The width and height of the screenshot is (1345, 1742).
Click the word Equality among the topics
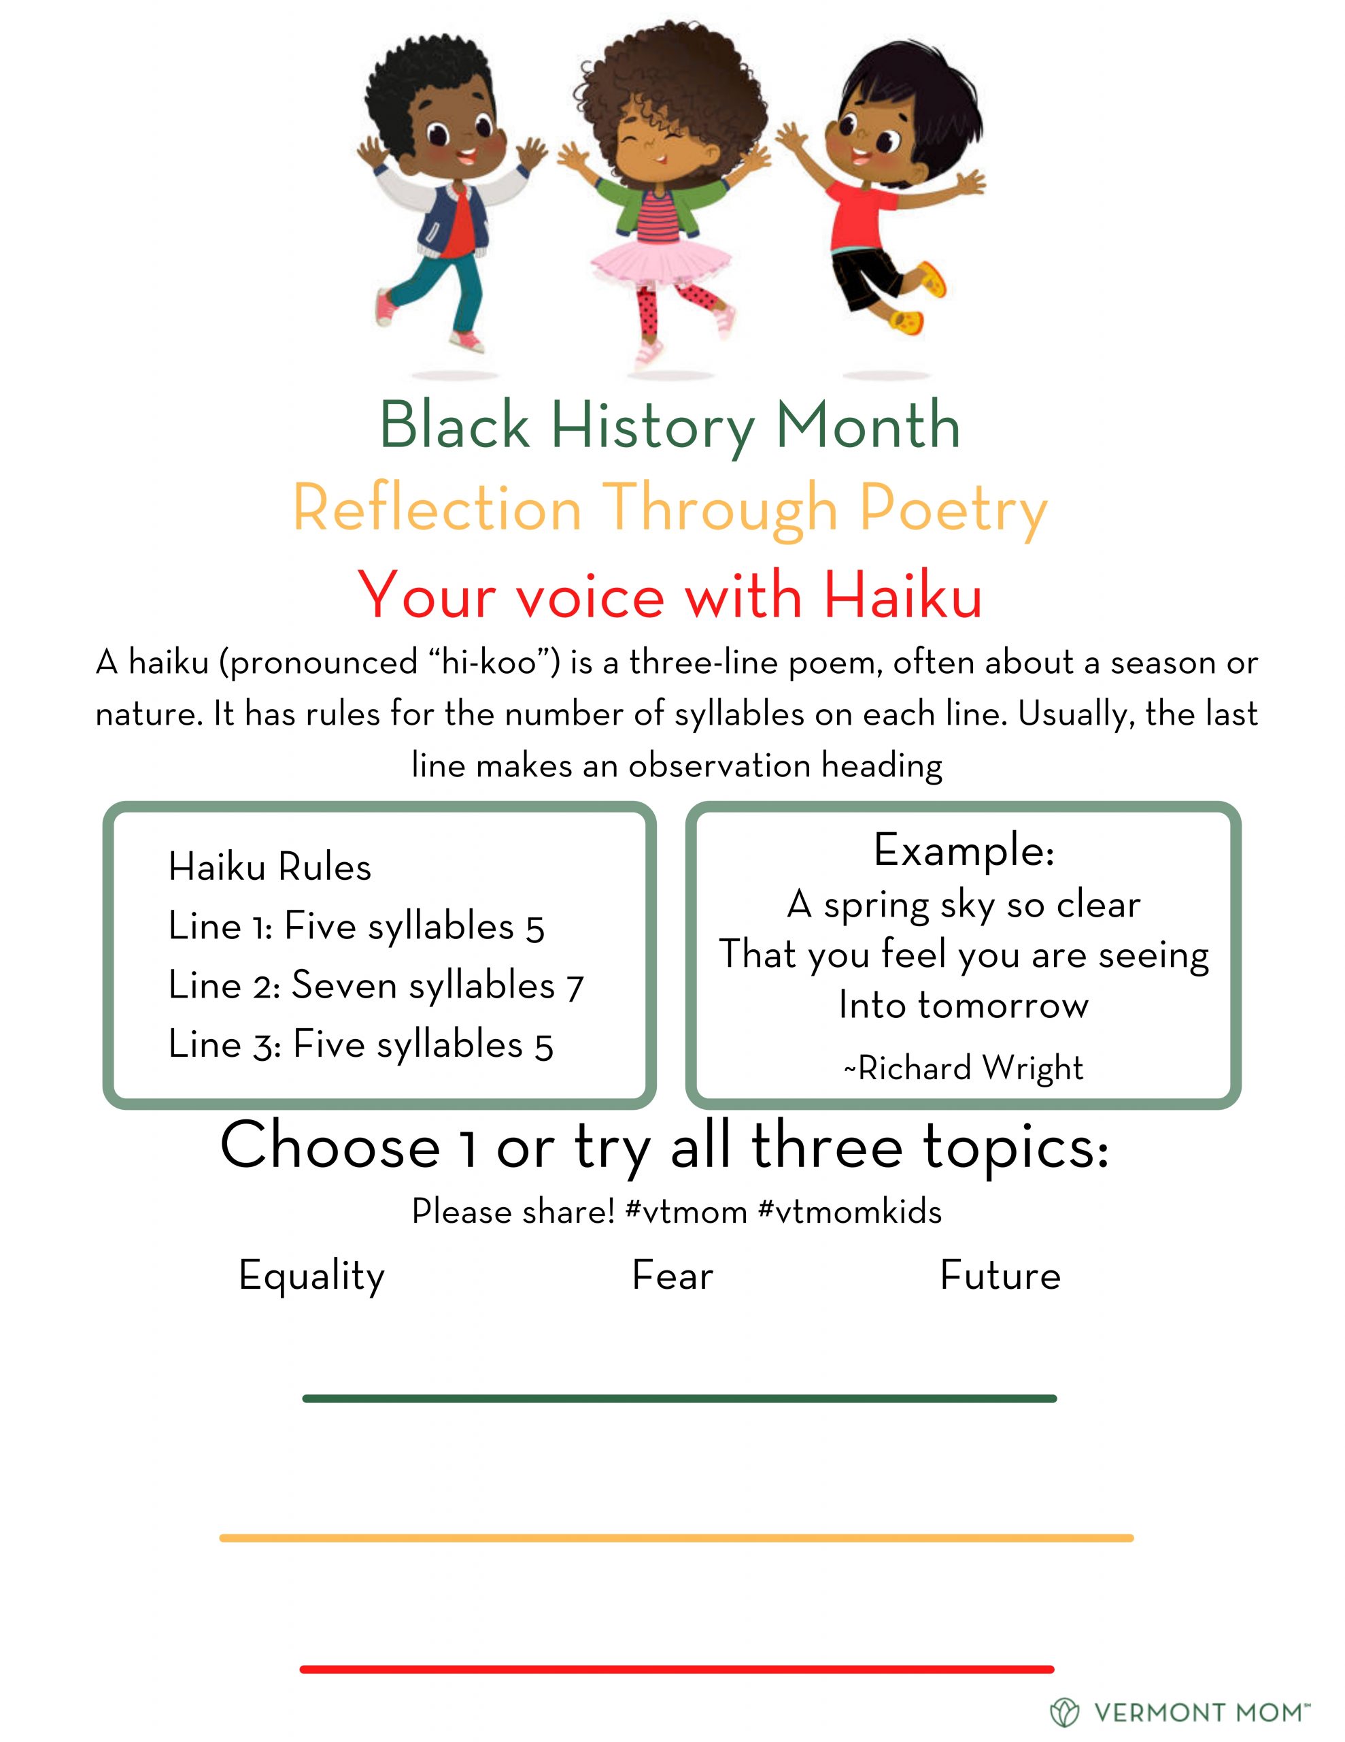tap(311, 1276)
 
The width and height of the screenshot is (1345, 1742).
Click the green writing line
tap(679, 1398)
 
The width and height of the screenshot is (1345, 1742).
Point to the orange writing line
tap(676, 1538)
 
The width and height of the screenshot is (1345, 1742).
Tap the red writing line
tap(677, 1669)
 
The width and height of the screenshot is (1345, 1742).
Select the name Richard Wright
tap(970, 1068)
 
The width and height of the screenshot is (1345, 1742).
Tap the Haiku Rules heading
tap(269, 866)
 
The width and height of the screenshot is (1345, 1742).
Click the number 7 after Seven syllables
tap(575, 987)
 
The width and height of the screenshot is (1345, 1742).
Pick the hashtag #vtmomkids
tap(850, 1212)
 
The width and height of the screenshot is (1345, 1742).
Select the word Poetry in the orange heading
tap(953, 511)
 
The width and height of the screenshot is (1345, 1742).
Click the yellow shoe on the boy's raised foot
tap(934, 278)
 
